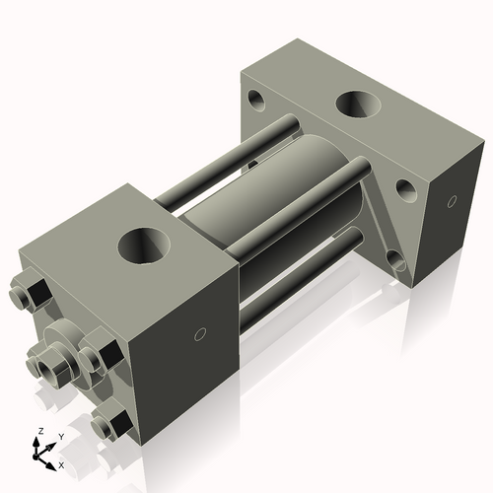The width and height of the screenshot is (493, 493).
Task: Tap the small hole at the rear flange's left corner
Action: pos(256,99)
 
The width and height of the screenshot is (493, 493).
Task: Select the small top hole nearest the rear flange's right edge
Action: pos(404,187)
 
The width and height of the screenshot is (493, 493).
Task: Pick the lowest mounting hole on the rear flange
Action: pos(397,262)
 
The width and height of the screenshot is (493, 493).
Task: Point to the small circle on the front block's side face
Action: pos(201,334)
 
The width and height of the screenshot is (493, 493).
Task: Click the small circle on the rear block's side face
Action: pos(451,203)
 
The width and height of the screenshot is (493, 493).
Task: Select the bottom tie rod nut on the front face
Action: pos(110,425)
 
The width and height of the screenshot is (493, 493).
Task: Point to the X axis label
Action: pos(61,463)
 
